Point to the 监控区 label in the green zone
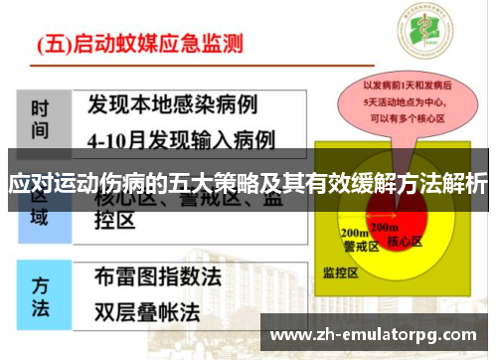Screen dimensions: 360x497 click(341, 270)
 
